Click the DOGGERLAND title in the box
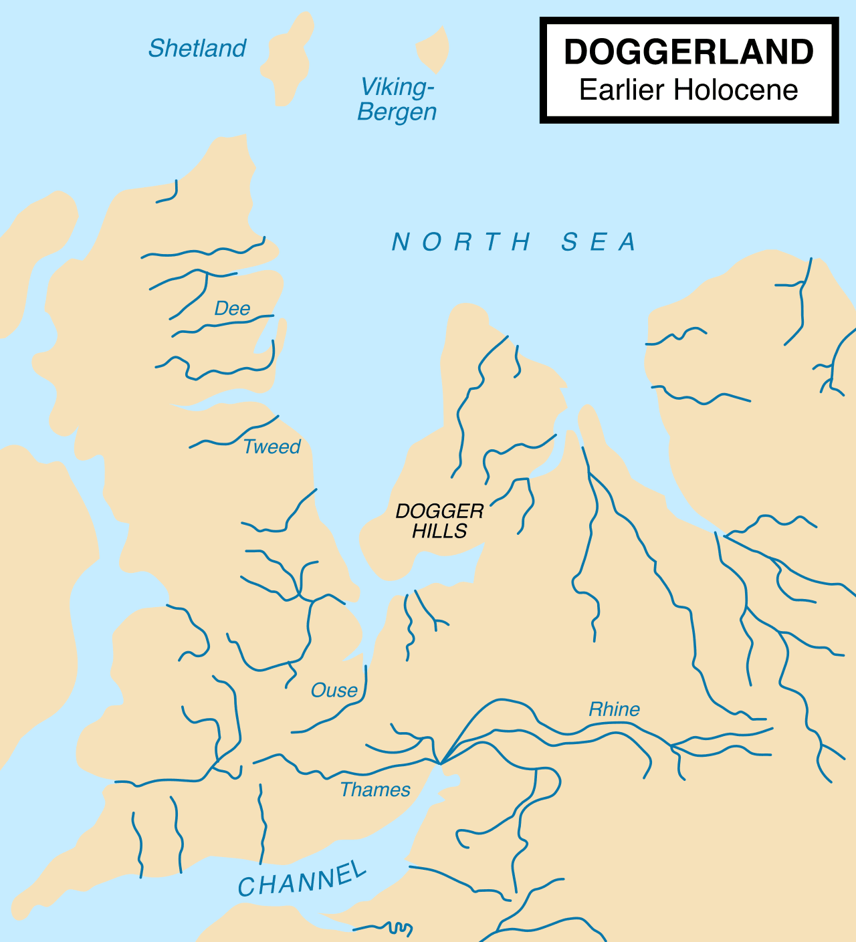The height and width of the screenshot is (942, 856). [x=689, y=52]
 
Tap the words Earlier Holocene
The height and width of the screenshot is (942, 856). [x=689, y=90]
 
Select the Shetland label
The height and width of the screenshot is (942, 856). [x=197, y=48]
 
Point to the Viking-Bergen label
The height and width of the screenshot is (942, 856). [x=397, y=99]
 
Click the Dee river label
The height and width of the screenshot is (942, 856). [x=232, y=308]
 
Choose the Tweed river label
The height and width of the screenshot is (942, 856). [x=272, y=447]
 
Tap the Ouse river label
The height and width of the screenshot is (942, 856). [x=334, y=690]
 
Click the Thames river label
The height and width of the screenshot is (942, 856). [x=375, y=790]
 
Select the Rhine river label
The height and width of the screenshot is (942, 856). [x=614, y=709]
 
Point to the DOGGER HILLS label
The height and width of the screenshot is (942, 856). [x=439, y=521]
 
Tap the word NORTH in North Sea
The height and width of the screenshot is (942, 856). [x=461, y=242]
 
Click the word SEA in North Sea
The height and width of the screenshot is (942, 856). [x=599, y=242]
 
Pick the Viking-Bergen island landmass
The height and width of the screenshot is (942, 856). [x=433, y=49]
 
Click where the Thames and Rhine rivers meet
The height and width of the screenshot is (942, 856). [x=440, y=763]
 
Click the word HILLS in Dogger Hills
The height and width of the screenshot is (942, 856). [x=439, y=531]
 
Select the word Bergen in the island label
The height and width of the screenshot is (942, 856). [x=397, y=112]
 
